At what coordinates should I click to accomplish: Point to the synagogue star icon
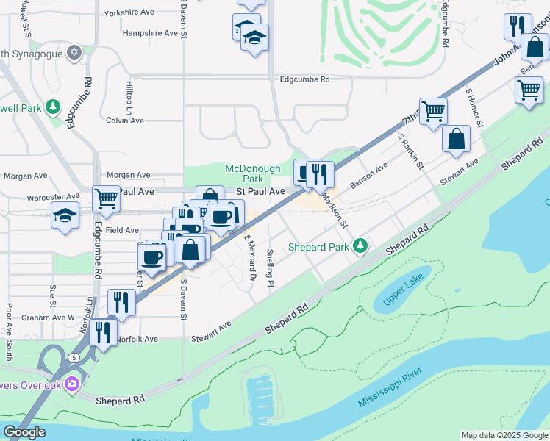pyautogui.click(x=73, y=52)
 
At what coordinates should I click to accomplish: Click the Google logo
pyautogui.click(x=24, y=431)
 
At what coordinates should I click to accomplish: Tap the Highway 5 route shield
pyautogui.click(x=75, y=357)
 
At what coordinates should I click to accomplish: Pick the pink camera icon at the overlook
pyautogui.click(x=71, y=383)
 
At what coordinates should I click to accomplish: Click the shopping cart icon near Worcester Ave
pyautogui.click(x=106, y=198)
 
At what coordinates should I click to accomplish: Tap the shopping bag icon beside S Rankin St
pyautogui.click(x=456, y=138)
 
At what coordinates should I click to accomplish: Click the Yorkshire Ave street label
pyautogui.click(x=129, y=13)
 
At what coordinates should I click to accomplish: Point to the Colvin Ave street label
pyautogui.click(x=124, y=121)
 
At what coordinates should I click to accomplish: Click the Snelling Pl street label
pyautogui.click(x=271, y=268)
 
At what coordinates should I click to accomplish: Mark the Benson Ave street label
pyautogui.click(x=368, y=176)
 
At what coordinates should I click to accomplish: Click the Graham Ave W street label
pyautogui.click(x=48, y=318)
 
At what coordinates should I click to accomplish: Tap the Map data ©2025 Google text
pyautogui.click(x=504, y=435)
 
